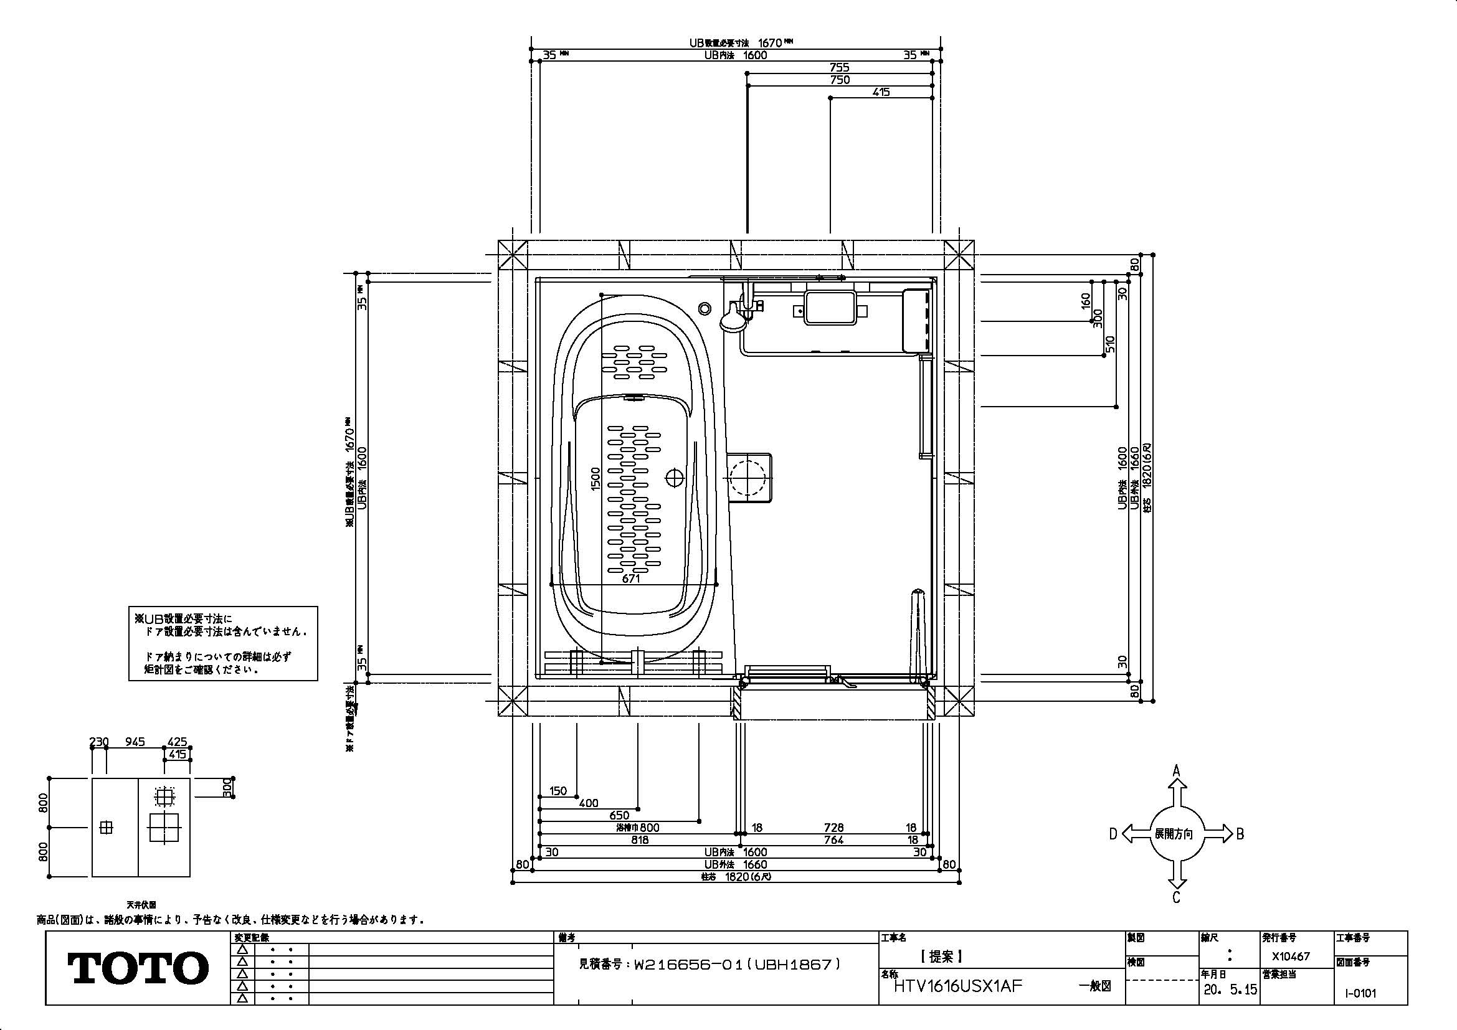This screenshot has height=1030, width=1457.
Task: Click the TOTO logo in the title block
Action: pyautogui.click(x=138, y=967)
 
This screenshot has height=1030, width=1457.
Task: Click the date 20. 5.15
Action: pyautogui.click(x=1228, y=990)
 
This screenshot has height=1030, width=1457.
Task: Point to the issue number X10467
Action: pyautogui.click(x=1291, y=956)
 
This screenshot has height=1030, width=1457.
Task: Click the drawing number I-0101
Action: pyautogui.click(x=1360, y=993)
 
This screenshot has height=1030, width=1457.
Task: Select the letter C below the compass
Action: pyautogui.click(x=1176, y=897)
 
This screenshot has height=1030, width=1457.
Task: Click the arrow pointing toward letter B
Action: pyautogui.click(x=1218, y=834)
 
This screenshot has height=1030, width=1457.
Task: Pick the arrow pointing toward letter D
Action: pyautogui.click(x=1137, y=834)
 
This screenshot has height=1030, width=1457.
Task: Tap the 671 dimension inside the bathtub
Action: pyautogui.click(x=631, y=579)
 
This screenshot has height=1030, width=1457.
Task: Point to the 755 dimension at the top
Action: pyautogui.click(x=839, y=67)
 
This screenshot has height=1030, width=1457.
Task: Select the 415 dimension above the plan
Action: pyautogui.click(x=881, y=92)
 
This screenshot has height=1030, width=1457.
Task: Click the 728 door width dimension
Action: pyautogui.click(x=834, y=828)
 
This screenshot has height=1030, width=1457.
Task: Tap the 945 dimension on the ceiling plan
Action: pyautogui.click(x=135, y=742)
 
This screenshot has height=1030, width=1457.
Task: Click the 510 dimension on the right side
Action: pyautogui.click(x=1110, y=344)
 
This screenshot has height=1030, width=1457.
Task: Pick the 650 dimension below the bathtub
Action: pyautogui.click(x=619, y=816)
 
